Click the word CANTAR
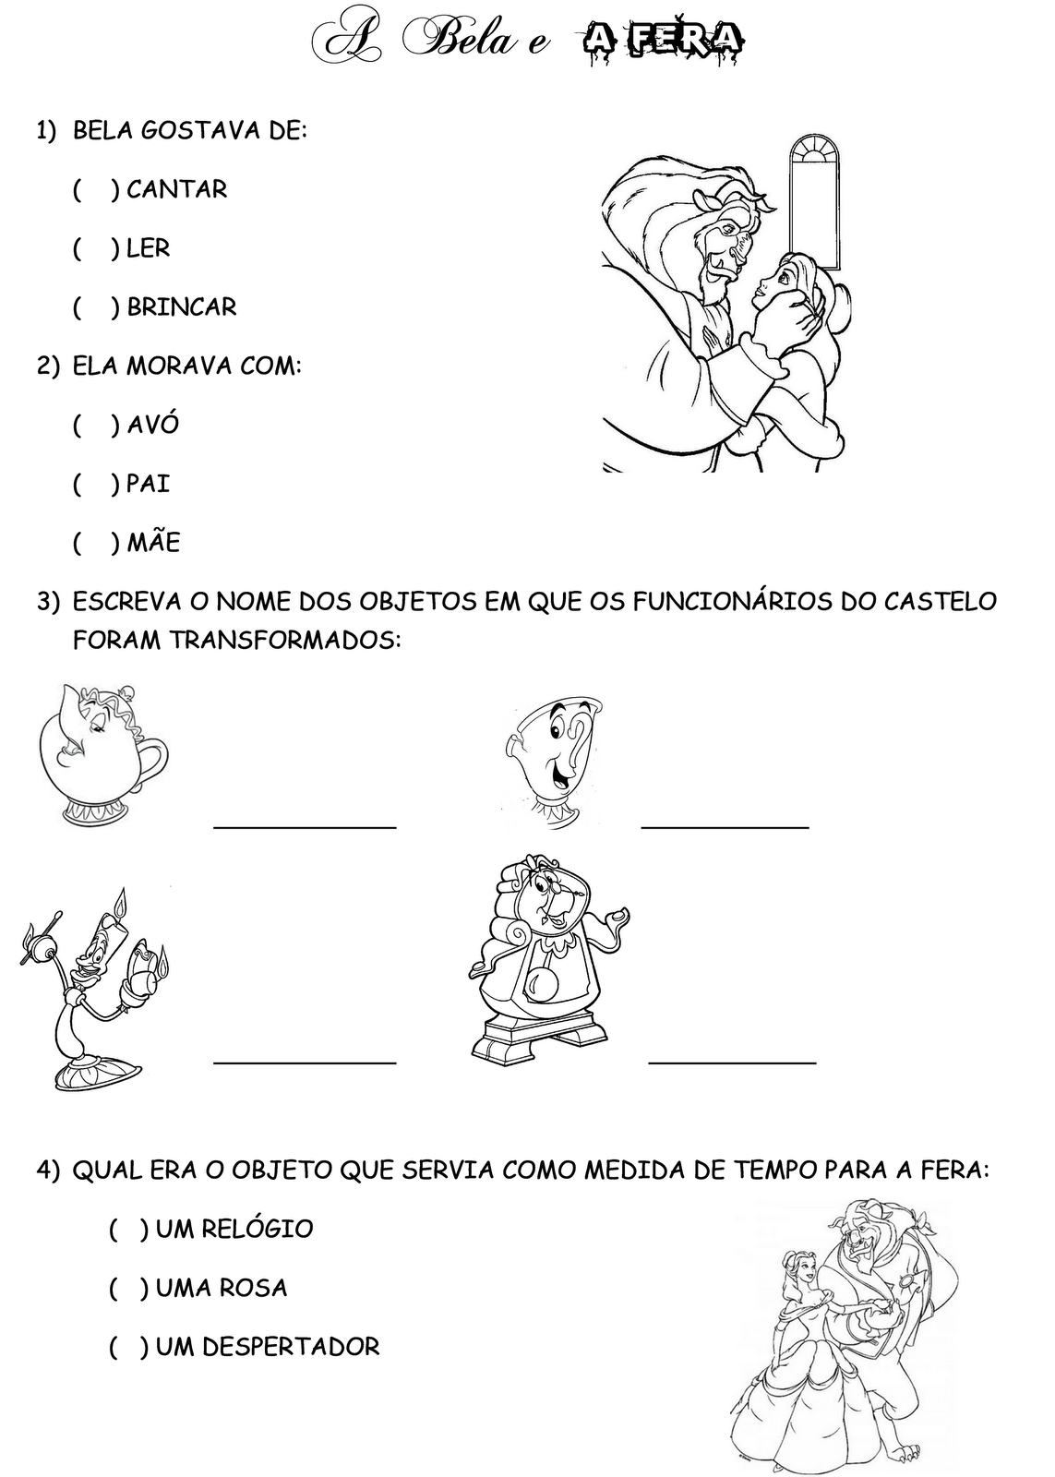tap(176, 190)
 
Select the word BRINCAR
tap(181, 307)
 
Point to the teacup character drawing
tap(554, 763)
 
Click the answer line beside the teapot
tap(305, 827)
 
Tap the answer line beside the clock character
tap(732, 1063)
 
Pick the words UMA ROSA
tap(222, 1288)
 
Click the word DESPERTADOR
tap(291, 1347)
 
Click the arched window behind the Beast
tap(816, 202)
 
